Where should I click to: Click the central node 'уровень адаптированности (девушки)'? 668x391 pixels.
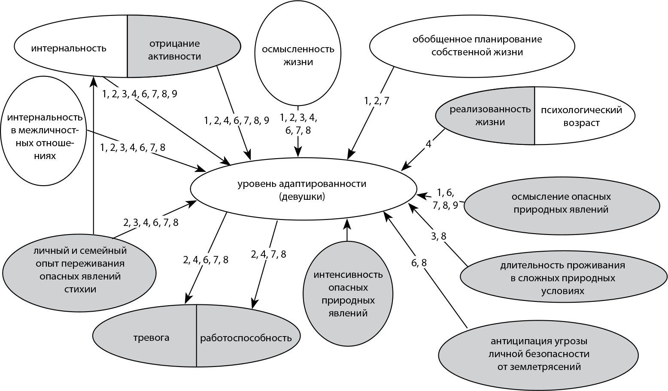[304, 189]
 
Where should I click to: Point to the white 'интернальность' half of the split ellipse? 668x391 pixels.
[71, 47]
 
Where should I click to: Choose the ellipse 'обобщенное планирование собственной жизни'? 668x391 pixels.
[472, 46]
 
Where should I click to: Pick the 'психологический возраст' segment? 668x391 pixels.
[585, 116]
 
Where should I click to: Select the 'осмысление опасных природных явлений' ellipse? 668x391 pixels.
[562, 203]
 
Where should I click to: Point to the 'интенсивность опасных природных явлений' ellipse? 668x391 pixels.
[348, 293]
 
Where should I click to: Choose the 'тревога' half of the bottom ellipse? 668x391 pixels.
[145, 336]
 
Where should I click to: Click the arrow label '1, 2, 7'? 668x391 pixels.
[377, 101]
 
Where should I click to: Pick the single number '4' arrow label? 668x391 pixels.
[428, 144]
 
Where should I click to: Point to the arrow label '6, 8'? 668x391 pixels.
[419, 263]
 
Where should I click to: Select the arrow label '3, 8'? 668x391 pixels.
[438, 236]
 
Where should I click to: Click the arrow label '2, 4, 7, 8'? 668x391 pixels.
[268, 254]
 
